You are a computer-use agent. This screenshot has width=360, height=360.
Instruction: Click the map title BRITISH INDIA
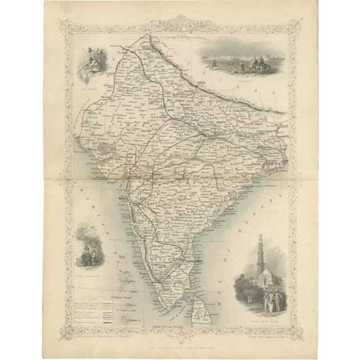click(179, 27)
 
